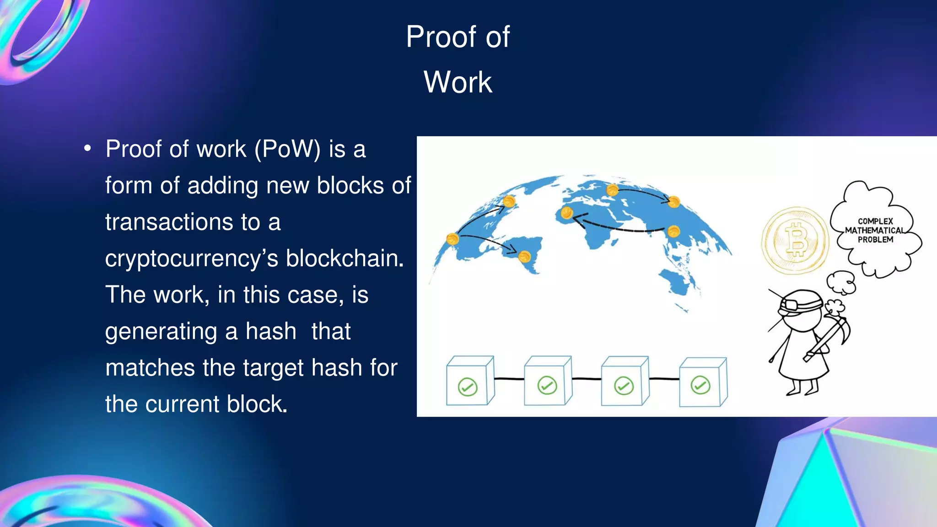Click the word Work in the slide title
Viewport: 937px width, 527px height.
[458, 82]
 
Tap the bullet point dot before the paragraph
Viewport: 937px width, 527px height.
[87, 149]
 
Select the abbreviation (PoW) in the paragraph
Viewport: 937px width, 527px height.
[287, 149]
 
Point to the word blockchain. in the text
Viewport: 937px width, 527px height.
[345, 258]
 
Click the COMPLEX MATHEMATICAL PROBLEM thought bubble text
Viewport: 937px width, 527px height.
[875, 230]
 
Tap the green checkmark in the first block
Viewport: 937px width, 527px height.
[468, 387]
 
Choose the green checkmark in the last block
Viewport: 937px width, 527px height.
[700, 385]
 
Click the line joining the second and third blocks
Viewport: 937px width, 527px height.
[587, 379]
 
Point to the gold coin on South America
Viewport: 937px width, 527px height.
[524, 256]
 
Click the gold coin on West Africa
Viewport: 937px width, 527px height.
[566, 213]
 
